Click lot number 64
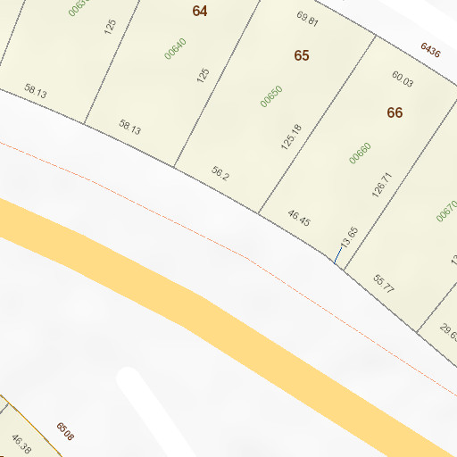click(199, 11)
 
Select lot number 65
click(302, 55)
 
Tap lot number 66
click(395, 112)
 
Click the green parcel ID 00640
click(175, 47)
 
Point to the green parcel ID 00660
click(360, 154)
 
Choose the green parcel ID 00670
click(446, 211)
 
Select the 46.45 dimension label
click(298, 217)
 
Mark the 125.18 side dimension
click(292, 137)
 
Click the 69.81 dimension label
click(307, 17)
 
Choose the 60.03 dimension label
click(403, 79)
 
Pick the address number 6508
click(65, 432)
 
